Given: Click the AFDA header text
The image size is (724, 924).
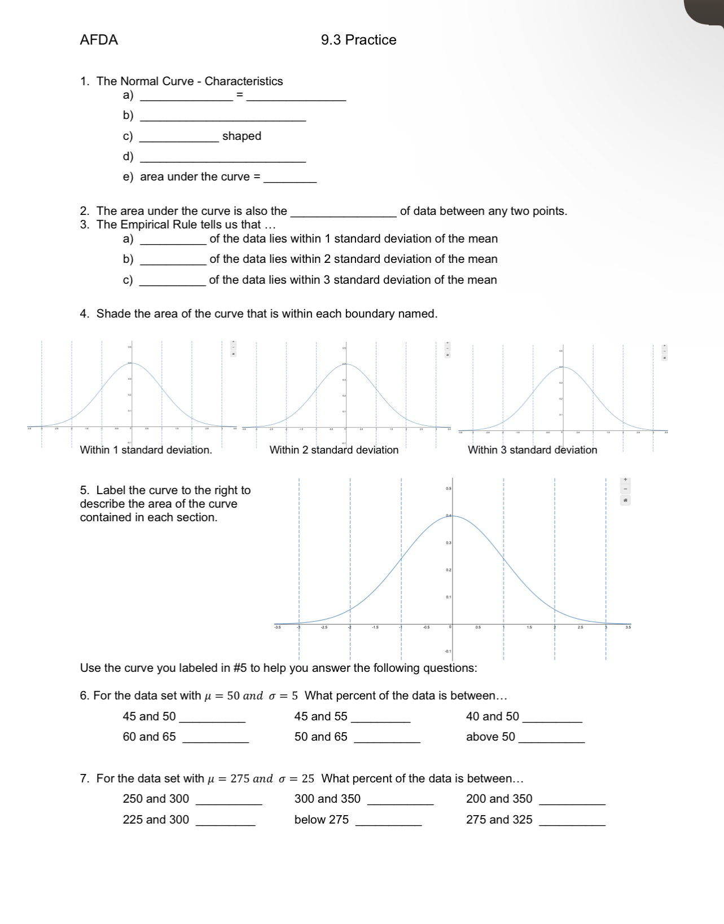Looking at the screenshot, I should click(x=99, y=40).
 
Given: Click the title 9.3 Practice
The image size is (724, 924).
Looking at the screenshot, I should click(x=358, y=40).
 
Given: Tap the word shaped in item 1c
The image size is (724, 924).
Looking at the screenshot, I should click(x=242, y=136).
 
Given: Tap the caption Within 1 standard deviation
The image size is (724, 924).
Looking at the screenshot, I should click(x=146, y=450).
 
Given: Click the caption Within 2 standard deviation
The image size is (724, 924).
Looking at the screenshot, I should click(x=334, y=450).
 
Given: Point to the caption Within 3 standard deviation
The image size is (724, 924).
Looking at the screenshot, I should click(x=532, y=450).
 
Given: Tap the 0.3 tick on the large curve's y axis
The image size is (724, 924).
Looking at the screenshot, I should click(x=448, y=543).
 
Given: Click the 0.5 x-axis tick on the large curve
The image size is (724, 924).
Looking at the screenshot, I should click(x=478, y=627).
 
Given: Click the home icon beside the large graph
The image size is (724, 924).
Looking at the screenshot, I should click(x=625, y=500).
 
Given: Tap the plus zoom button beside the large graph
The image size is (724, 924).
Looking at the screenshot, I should click(x=625, y=479).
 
